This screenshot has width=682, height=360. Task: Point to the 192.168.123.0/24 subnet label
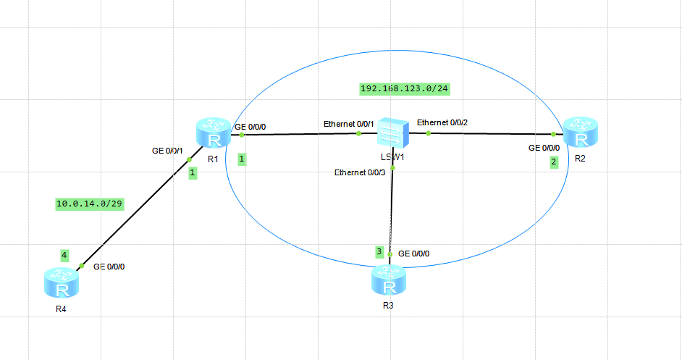pyautogui.click(x=411, y=88)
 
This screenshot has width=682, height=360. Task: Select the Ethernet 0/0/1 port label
pyautogui.click(x=348, y=124)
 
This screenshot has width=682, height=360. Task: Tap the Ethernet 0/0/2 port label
pyautogui.click(x=442, y=122)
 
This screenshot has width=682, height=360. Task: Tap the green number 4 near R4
pyautogui.click(x=64, y=255)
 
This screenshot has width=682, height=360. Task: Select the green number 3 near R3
pyautogui.click(x=379, y=251)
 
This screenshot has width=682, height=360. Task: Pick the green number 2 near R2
pyautogui.click(x=554, y=162)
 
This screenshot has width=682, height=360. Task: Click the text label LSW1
pyautogui.click(x=392, y=156)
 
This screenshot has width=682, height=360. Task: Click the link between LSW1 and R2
pyautogui.click(x=492, y=133)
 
